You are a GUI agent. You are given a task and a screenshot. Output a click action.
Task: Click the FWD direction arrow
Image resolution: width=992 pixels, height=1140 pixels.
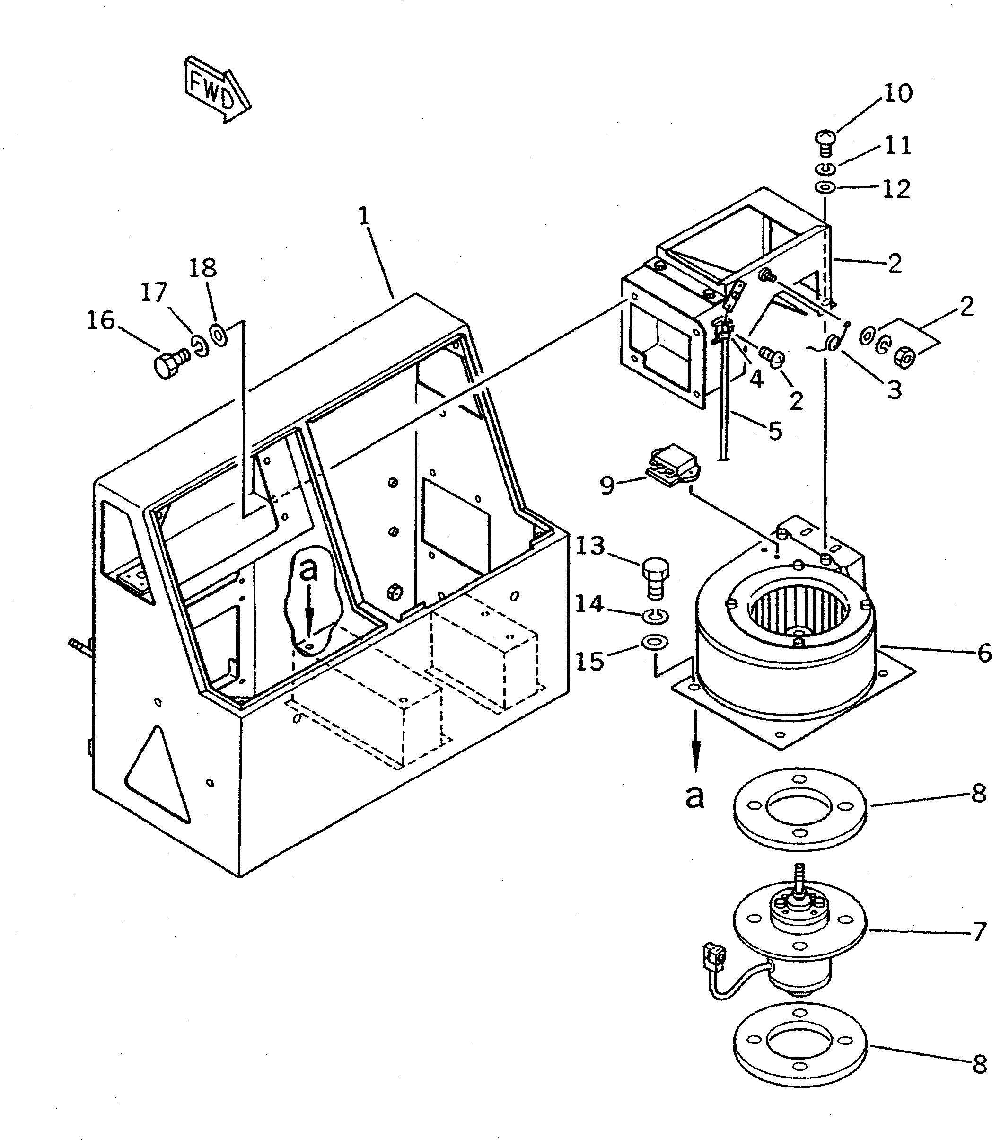click(217, 89)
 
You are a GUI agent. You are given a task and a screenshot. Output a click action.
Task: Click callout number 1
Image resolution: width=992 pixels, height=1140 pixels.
click(363, 216)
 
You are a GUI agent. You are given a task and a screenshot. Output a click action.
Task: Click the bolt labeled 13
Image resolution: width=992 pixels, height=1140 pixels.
click(655, 579)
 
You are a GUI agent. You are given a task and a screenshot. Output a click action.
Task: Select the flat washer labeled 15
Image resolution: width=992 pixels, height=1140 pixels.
click(654, 642)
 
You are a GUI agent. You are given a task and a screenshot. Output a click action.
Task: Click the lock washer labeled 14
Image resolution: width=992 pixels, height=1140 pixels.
click(656, 615)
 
